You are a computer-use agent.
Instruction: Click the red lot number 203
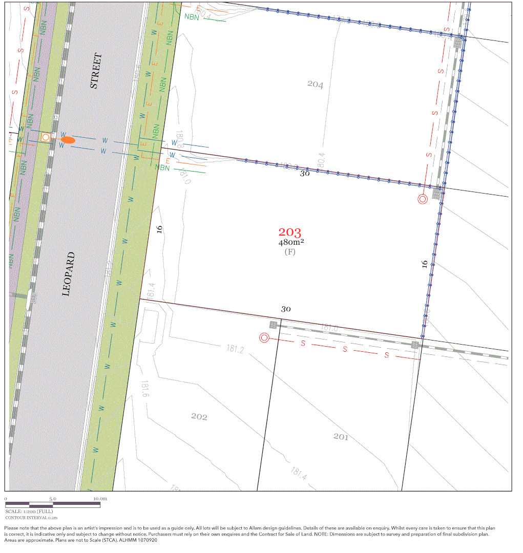tap(290, 233)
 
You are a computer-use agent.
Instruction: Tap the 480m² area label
tap(291, 242)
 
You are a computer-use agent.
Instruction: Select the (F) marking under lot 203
tap(290, 251)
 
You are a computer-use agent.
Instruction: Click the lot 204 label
tap(315, 84)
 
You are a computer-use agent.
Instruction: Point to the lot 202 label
tap(199, 417)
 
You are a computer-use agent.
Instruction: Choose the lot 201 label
tap(341, 436)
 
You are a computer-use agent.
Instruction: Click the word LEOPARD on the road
tap(68, 274)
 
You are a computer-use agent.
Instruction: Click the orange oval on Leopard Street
tap(68, 139)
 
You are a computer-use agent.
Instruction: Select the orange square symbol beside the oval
tap(46, 137)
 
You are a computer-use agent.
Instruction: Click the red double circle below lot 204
tap(423, 199)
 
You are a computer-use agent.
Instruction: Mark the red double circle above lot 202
tap(264, 337)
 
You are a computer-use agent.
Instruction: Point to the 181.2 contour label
tap(235, 349)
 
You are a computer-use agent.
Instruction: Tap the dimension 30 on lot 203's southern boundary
tap(286, 309)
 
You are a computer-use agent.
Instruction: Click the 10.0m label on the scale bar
tap(100, 498)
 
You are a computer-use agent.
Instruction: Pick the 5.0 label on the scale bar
tap(53, 498)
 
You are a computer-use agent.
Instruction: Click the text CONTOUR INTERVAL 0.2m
tap(32, 518)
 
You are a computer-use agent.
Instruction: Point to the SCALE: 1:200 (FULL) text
tap(29, 511)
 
